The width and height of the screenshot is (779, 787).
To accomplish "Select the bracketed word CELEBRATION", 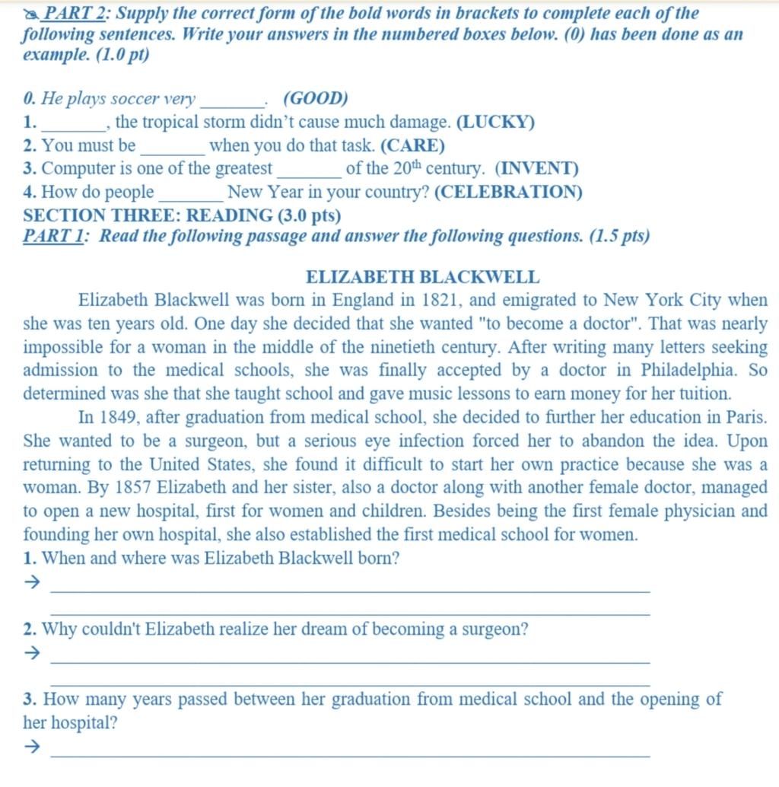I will [x=508, y=193].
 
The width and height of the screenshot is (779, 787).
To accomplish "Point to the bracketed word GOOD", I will [x=316, y=99].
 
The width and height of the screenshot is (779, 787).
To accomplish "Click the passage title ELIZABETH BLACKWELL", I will [x=422, y=278].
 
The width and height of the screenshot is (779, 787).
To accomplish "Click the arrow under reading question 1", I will [x=32, y=583].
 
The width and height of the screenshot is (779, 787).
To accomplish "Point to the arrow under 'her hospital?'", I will [x=32, y=747].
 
